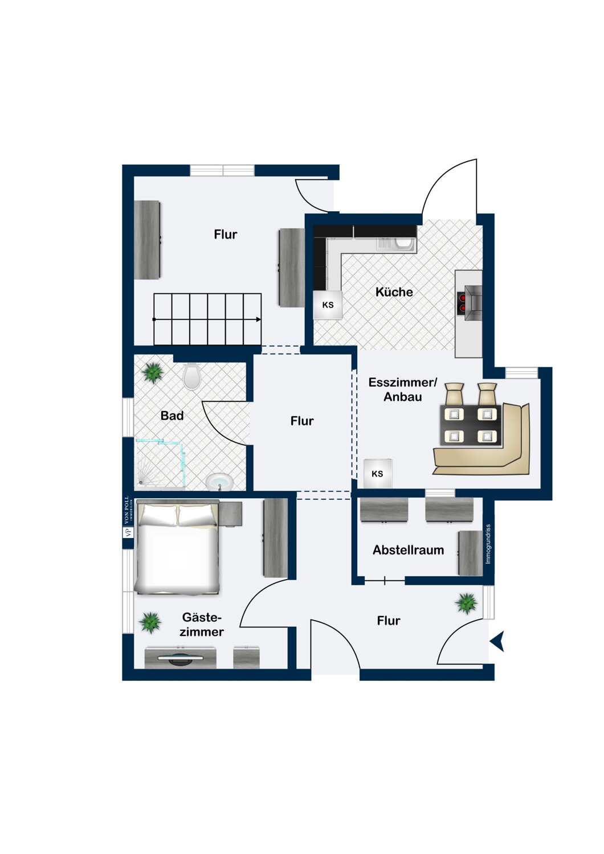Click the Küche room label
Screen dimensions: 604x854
click(x=394, y=292)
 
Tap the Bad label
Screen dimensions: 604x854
click(x=172, y=416)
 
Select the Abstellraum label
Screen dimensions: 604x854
click(x=408, y=550)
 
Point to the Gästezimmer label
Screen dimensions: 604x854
click(x=202, y=624)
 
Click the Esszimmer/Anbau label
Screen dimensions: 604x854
click(x=403, y=389)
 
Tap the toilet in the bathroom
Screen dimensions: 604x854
click(x=192, y=376)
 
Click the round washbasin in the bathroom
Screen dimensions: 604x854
click(x=219, y=482)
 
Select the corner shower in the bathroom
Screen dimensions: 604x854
click(x=161, y=465)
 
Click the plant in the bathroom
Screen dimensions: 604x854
click(x=153, y=372)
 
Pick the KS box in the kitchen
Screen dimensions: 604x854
click(x=328, y=305)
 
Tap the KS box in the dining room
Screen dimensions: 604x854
click(x=378, y=474)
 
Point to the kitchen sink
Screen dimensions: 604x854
click(x=395, y=244)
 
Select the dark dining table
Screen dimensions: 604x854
click(x=471, y=425)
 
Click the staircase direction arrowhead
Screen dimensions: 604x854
click(x=259, y=319)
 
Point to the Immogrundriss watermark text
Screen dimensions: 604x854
click(x=488, y=544)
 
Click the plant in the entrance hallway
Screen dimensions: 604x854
click(x=466, y=603)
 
